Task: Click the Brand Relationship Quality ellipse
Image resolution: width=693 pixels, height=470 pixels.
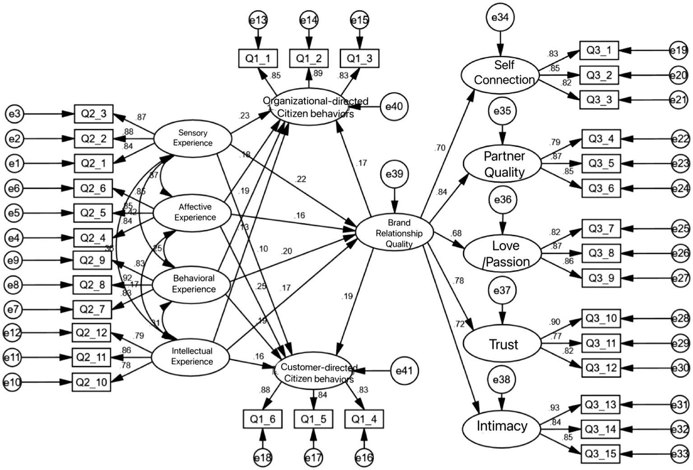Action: tap(395, 233)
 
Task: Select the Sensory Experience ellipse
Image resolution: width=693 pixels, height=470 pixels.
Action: tap(193, 138)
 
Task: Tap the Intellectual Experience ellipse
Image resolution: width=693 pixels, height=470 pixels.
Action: tap(191, 356)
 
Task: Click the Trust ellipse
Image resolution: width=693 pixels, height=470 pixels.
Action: tap(502, 344)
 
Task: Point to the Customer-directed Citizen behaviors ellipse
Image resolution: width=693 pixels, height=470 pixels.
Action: tap(315, 373)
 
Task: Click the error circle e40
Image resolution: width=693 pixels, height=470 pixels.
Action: tap(394, 107)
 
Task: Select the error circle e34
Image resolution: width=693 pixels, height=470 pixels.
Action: tap(500, 18)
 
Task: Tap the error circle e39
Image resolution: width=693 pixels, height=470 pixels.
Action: tap(395, 174)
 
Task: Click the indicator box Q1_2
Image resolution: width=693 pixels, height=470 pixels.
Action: tap(309, 58)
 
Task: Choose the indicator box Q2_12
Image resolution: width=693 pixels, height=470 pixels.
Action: tap(92, 333)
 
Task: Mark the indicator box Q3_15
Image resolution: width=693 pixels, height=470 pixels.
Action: tap(600, 454)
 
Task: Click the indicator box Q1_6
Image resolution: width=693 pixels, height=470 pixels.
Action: tap(262, 419)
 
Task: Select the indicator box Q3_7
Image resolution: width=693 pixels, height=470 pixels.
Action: tap(601, 228)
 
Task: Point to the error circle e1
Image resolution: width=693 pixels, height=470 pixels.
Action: tap(14, 163)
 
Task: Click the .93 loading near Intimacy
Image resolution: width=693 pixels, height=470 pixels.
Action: tap(554, 408)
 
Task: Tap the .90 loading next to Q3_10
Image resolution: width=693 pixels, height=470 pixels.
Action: tap(554, 322)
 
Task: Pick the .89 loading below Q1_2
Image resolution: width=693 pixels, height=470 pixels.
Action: tap(317, 73)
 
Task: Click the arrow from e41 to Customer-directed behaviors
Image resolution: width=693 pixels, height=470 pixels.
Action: tap(372, 371)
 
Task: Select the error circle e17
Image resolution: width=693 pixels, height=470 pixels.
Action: tap(313, 458)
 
